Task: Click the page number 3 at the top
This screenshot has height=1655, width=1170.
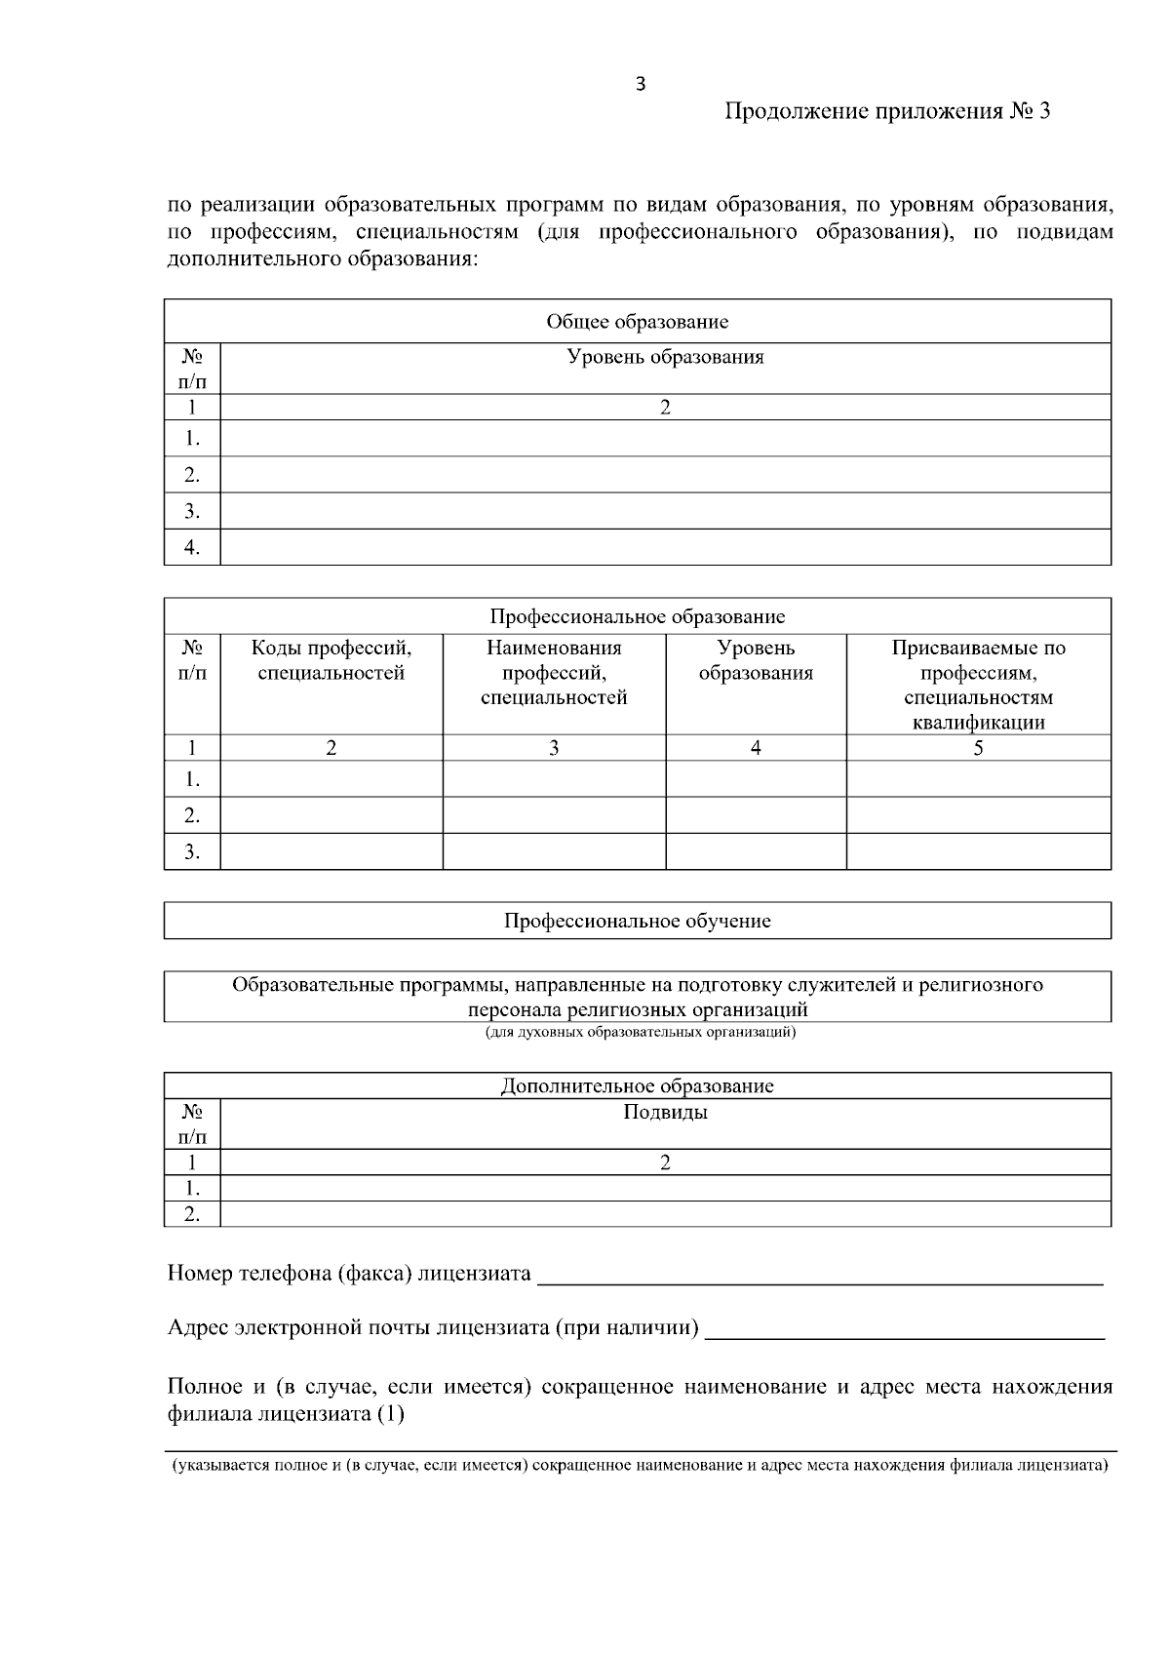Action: (640, 85)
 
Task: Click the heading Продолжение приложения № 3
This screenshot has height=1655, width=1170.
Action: (887, 112)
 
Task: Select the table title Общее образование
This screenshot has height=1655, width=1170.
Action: (637, 322)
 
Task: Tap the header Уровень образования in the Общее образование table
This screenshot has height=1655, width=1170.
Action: (665, 357)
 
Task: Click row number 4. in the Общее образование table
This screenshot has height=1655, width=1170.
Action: (192, 547)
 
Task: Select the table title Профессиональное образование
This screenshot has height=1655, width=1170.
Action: (637, 616)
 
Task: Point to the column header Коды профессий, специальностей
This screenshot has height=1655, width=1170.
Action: (331, 660)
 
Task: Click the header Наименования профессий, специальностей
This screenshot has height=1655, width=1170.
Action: (554, 673)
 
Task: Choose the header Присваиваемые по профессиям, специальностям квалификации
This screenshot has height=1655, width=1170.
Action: (978, 685)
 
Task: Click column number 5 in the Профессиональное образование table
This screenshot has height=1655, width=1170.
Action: (978, 748)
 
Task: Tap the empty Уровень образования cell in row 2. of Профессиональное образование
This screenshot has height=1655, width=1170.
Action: (756, 815)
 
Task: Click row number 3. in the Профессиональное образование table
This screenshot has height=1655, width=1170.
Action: (192, 851)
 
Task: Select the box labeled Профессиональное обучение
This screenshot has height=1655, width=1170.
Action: (637, 921)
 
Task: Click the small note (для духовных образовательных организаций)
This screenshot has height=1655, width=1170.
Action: (641, 1032)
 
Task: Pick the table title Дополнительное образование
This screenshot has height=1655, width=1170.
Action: (637, 1086)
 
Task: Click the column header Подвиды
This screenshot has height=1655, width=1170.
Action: (665, 1113)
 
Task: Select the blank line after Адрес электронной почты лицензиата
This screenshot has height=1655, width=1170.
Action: (904, 1330)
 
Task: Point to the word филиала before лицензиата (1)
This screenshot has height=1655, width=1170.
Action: (208, 1414)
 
